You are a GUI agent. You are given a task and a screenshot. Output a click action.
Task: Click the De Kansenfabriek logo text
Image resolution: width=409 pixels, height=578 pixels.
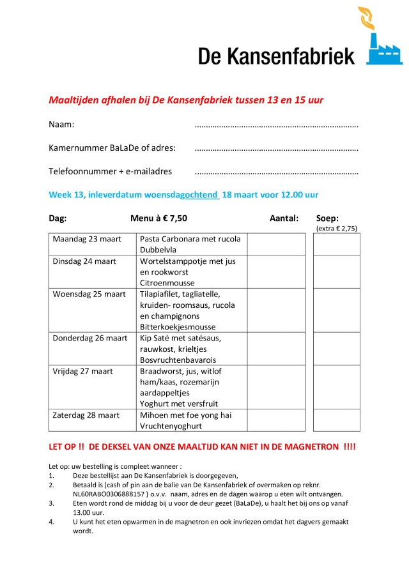[x=276, y=55]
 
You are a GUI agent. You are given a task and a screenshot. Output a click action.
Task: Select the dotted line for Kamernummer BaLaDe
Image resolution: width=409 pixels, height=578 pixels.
[x=276, y=148]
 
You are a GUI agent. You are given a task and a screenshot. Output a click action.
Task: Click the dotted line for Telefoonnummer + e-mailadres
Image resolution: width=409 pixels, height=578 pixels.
[x=276, y=172]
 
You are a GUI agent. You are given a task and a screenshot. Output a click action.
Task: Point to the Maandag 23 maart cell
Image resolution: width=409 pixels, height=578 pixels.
[x=92, y=244]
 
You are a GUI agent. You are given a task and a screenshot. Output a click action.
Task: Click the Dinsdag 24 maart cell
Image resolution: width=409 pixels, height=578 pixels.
[x=92, y=271]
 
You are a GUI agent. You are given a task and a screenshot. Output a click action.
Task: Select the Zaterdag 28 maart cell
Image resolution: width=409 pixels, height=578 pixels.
[x=92, y=420]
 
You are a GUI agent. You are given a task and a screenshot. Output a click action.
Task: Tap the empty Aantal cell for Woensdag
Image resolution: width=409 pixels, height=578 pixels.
[x=276, y=310]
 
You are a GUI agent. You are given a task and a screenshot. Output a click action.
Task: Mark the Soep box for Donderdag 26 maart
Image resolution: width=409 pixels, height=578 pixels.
[x=337, y=348]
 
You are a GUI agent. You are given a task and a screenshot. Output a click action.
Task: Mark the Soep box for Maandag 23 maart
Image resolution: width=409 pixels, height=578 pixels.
[x=337, y=244]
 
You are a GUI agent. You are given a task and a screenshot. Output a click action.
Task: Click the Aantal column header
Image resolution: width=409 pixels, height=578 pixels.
[x=284, y=218]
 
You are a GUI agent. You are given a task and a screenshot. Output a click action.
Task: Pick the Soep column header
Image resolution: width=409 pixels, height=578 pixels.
[x=328, y=218]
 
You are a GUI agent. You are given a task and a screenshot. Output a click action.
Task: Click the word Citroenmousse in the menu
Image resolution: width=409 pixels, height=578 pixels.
[x=167, y=283]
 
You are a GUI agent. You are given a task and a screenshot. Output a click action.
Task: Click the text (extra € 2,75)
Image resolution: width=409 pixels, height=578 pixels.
[x=337, y=228]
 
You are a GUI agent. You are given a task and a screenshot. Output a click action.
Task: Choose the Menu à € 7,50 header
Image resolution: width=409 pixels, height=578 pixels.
[x=158, y=218]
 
